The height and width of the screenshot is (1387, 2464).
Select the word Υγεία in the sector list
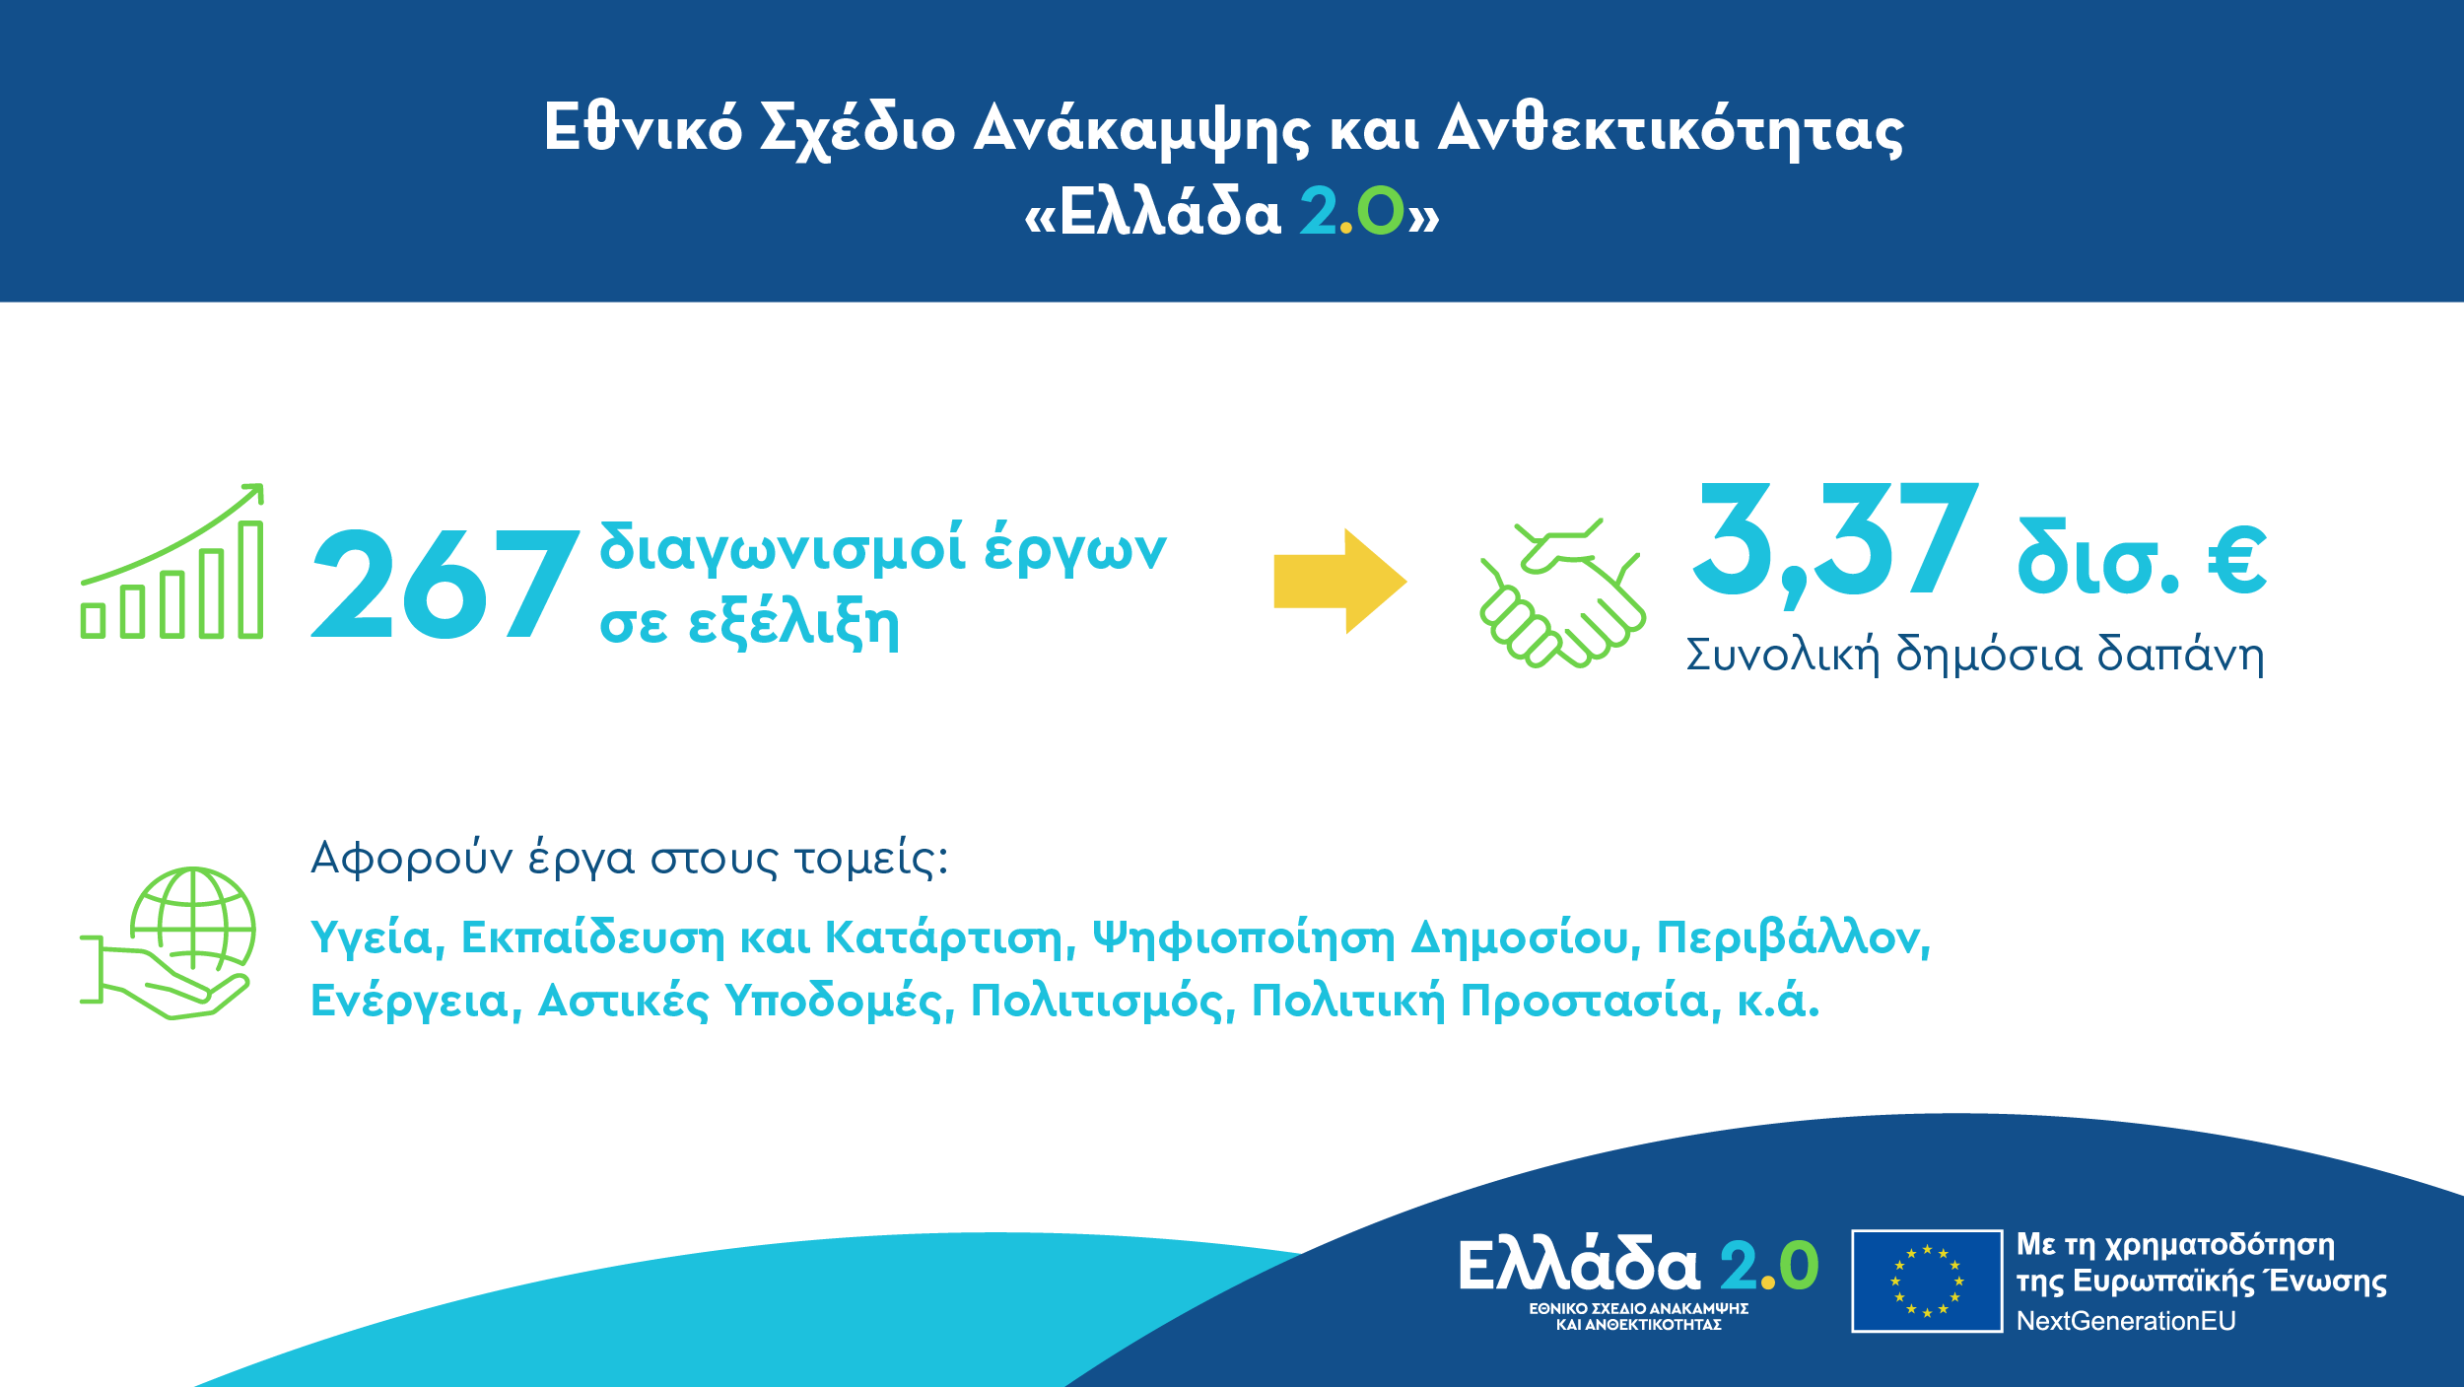coord(373,938)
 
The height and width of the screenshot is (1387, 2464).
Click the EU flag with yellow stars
coord(1927,1281)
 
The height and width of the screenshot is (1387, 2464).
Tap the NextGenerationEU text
coord(2126,1321)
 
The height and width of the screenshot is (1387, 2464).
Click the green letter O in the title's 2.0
coord(1380,212)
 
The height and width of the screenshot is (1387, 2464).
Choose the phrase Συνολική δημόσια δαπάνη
coord(1975,656)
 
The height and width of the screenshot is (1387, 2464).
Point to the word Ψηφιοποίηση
coord(1244,938)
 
